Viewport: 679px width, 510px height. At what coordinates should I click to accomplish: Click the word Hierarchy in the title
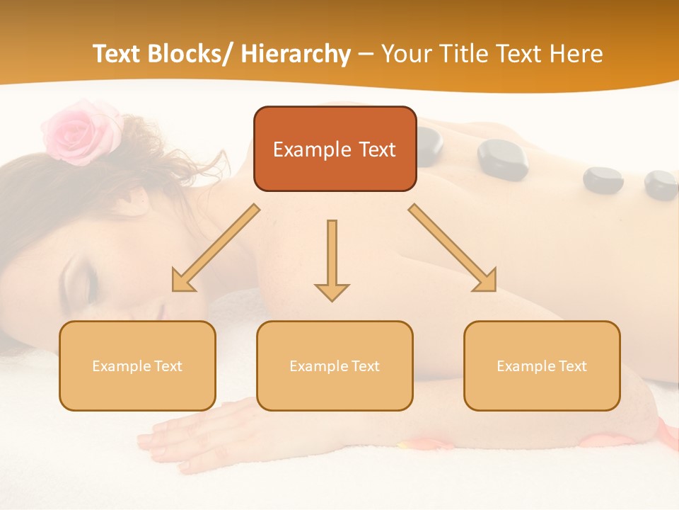tap(296, 55)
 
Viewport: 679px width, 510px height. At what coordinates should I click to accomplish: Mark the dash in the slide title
tap(366, 55)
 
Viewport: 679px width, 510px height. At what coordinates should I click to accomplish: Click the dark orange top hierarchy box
tap(335, 149)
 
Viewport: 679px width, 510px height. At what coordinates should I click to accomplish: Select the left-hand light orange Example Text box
tap(137, 365)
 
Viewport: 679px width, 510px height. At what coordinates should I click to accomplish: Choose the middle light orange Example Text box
tap(335, 365)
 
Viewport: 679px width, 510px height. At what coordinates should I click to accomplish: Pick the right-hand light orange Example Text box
tap(542, 365)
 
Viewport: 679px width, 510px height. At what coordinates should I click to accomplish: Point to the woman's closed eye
tap(79, 283)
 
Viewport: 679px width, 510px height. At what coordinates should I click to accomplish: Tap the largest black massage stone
tap(502, 157)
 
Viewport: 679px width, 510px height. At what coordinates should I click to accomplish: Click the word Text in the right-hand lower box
tap(573, 366)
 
